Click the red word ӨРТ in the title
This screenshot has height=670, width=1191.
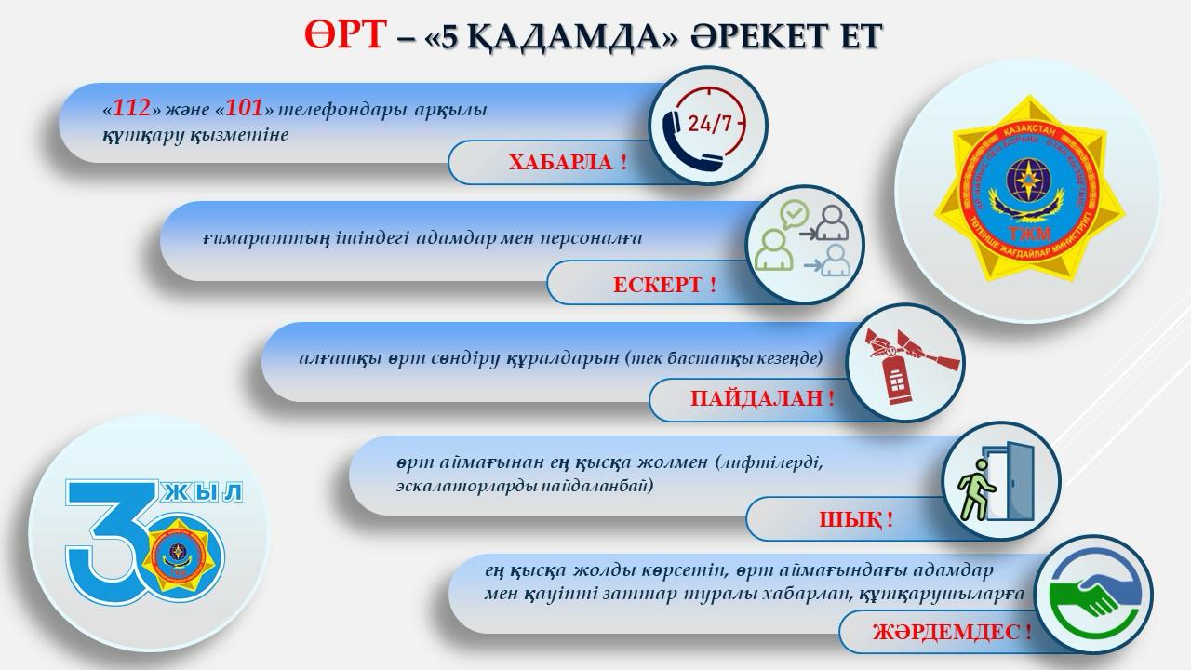(x=342, y=34)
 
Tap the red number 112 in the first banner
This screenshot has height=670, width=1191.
(x=133, y=108)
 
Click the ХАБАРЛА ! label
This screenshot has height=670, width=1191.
(x=567, y=162)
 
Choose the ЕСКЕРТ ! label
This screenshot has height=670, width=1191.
(x=664, y=285)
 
